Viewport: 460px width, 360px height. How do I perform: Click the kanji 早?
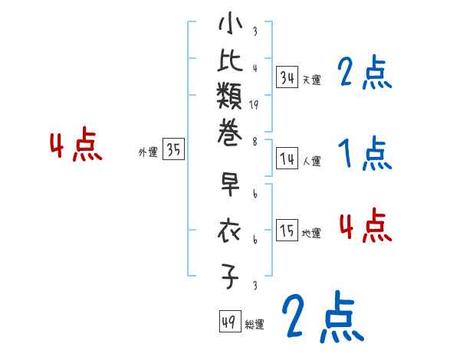coord(231,187)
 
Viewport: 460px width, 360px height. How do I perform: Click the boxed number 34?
coord(287,77)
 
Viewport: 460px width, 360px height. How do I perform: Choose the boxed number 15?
coord(287,231)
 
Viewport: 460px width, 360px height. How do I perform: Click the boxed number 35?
coord(173,150)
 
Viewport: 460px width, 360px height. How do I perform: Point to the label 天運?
coord(311,80)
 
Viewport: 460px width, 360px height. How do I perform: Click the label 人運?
coord(311,162)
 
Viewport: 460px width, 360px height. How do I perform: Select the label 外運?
coord(148,152)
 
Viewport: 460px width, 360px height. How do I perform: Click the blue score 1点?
coord(366,155)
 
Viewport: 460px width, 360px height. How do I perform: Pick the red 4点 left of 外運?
coord(75,146)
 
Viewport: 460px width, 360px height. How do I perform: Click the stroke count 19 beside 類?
coord(254,106)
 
